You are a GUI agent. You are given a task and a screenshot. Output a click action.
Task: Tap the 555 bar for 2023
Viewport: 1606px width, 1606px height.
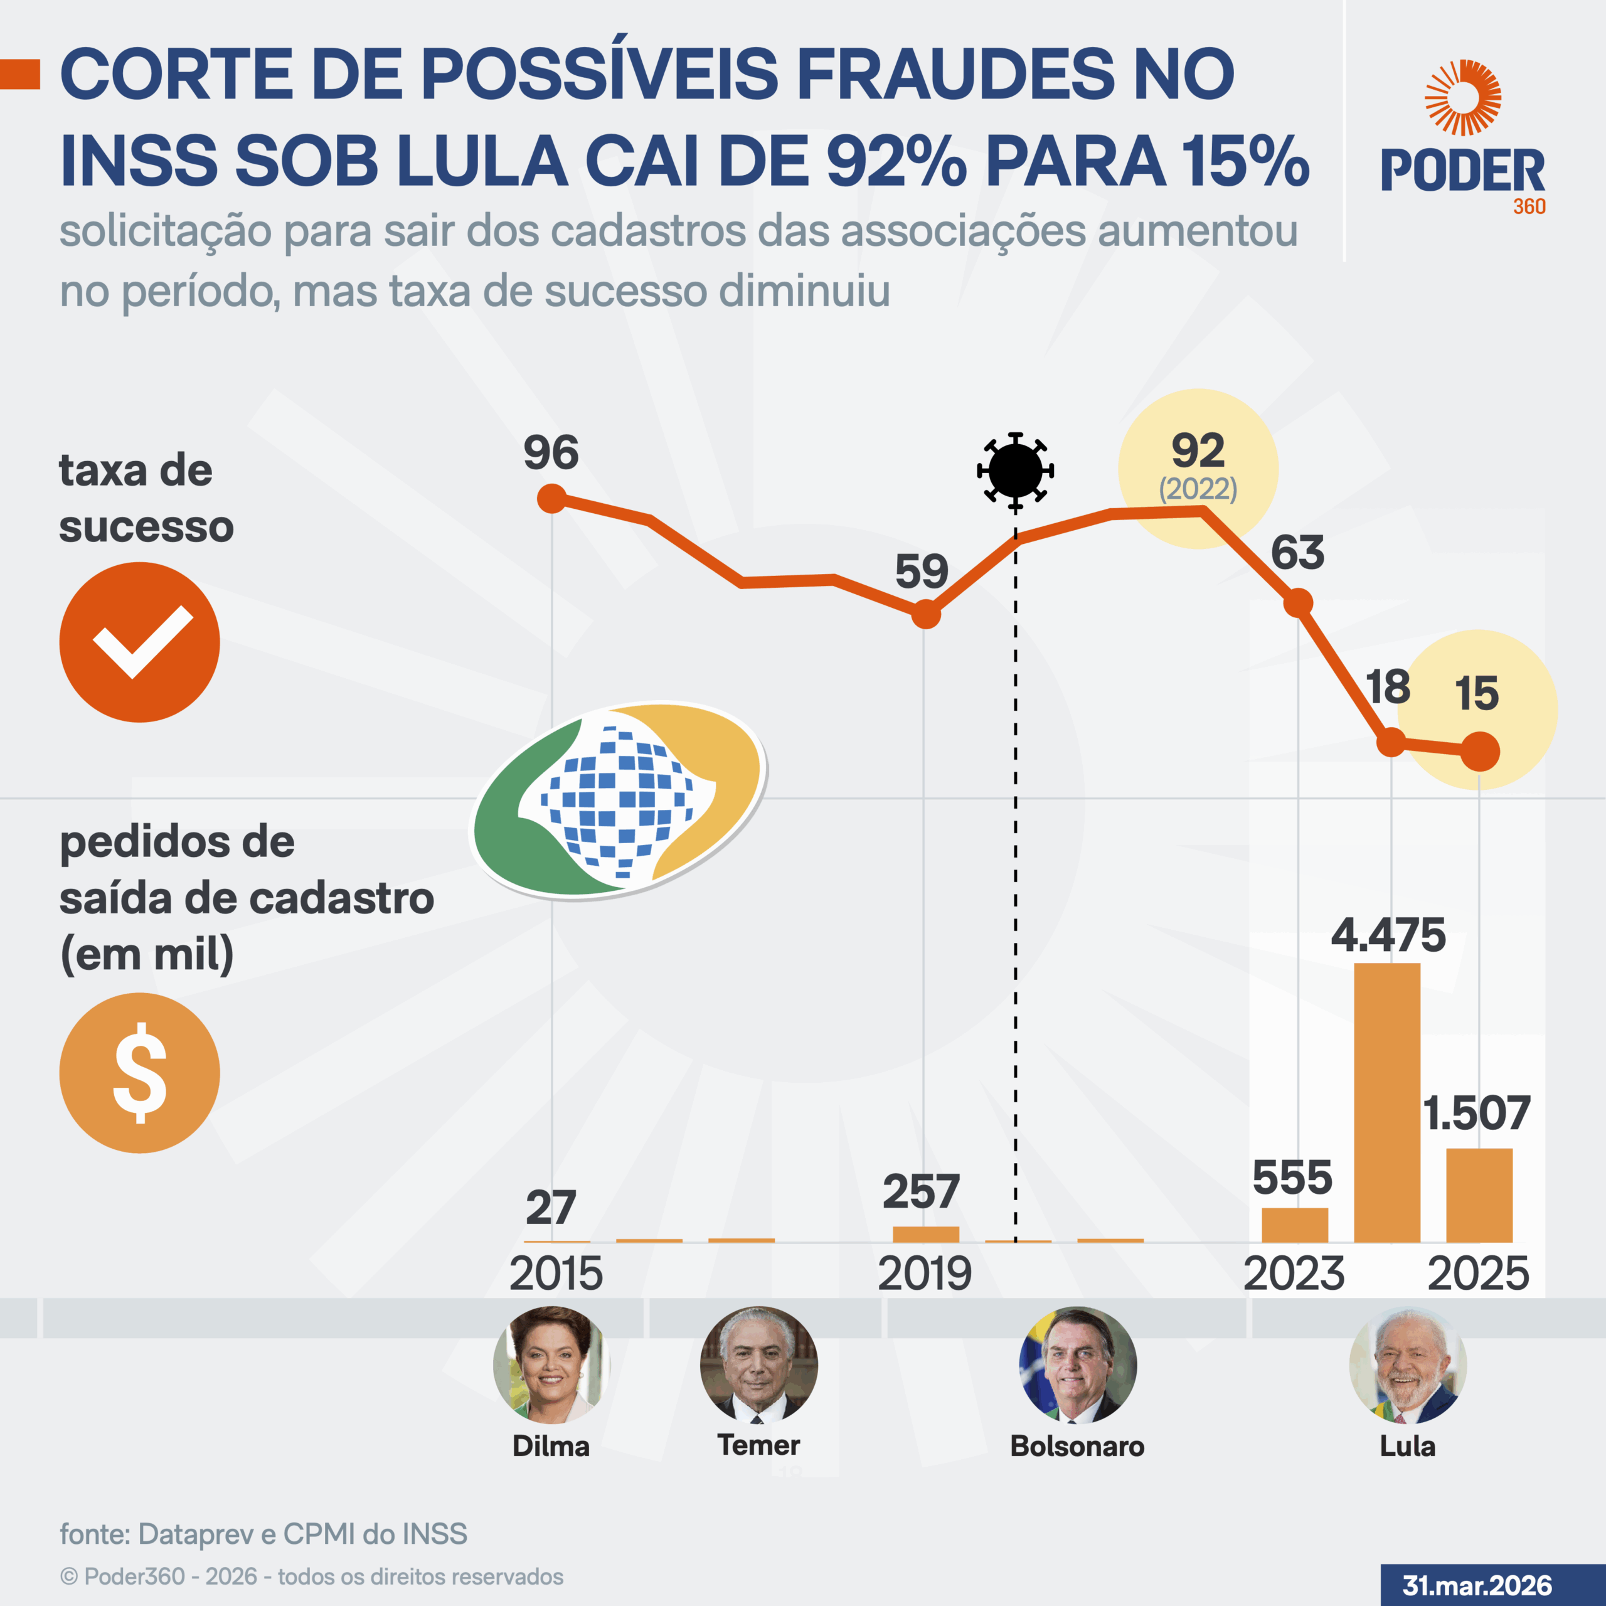[x=1294, y=1225]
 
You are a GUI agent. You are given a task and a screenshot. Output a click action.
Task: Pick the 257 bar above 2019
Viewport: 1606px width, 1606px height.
[x=925, y=1235]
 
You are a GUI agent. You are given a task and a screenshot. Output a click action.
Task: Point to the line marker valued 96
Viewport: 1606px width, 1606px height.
[x=552, y=499]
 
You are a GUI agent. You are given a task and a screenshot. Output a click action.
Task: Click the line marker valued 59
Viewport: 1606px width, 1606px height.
[x=926, y=615]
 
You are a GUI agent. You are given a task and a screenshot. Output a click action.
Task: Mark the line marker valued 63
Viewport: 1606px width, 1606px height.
[x=1297, y=603]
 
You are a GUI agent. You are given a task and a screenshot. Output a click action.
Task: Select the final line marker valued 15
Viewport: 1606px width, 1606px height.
[x=1480, y=752]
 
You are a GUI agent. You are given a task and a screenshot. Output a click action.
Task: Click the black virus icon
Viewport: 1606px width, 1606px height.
[x=1015, y=471]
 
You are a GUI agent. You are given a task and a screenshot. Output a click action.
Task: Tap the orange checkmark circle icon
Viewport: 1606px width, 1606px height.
[x=140, y=642]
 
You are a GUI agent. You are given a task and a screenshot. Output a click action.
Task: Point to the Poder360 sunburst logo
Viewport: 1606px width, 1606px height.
[x=1462, y=98]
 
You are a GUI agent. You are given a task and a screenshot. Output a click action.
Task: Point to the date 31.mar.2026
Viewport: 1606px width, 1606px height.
[x=1477, y=1585]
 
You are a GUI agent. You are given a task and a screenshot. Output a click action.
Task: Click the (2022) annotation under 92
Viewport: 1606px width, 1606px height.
[x=1198, y=489]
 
